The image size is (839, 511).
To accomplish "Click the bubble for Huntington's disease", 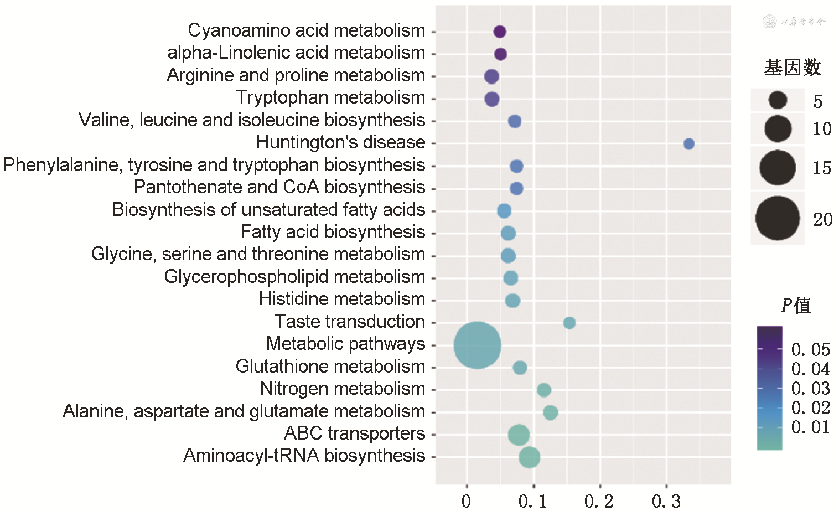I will [688, 144].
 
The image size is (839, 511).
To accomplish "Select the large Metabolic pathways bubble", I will [477, 345].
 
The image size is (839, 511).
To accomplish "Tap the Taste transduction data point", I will [569, 323].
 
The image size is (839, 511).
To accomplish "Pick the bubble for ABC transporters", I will [519, 435].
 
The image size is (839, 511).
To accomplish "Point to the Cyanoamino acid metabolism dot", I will [500, 32].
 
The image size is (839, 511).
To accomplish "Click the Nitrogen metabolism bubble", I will [544, 390].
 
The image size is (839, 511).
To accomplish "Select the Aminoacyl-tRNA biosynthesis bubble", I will [530, 457].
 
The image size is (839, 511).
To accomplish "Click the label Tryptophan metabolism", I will [330, 97].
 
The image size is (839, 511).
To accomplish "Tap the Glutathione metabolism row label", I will [330, 367].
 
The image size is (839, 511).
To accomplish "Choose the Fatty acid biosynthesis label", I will [333, 232].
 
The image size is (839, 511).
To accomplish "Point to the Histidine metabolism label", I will [341, 299].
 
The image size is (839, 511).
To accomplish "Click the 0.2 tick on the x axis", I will [599, 501].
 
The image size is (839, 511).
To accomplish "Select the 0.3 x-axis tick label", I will [666, 501].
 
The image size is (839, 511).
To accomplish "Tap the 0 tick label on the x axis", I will [467, 501].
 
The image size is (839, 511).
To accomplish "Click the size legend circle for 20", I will [777, 218].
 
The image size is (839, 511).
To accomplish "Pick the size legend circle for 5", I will [777, 100].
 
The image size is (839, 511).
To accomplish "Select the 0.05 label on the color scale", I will [810, 350].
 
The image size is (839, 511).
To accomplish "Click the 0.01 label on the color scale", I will [810, 427].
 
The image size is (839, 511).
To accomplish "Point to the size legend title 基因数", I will [792, 68].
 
